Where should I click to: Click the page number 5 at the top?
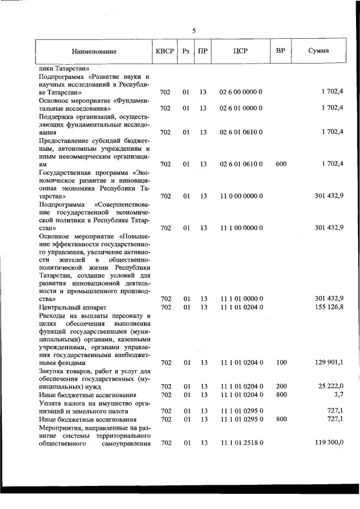[194, 31]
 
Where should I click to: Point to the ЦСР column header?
[240, 51]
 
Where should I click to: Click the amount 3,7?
[338, 395]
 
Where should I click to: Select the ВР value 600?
[281, 164]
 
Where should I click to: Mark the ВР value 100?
[281, 363]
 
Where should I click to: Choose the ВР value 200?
[281, 386]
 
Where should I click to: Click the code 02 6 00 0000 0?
[240, 91]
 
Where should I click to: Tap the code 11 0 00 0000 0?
[240, 196]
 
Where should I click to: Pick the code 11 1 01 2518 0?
[240, 443]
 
